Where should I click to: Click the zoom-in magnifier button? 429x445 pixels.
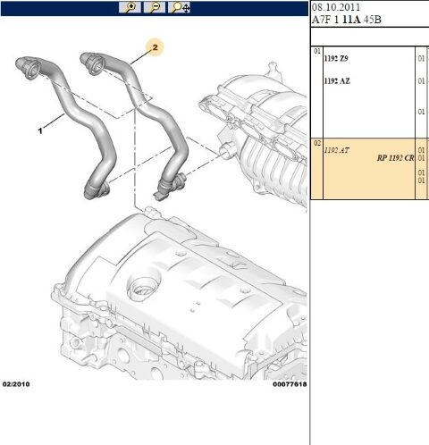point(130,7)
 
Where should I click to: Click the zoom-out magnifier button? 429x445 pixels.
point(155,7)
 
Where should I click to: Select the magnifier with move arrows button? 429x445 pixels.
point(180,7)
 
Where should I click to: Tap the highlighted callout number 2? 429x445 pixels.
point(155,47)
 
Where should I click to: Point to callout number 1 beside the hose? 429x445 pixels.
point(40,130)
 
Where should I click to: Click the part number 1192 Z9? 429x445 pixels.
point(336,58)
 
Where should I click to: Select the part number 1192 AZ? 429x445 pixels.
point(337,81)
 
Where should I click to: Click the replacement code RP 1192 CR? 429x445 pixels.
point(395,158)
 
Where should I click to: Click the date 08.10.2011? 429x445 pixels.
point(336,7)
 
